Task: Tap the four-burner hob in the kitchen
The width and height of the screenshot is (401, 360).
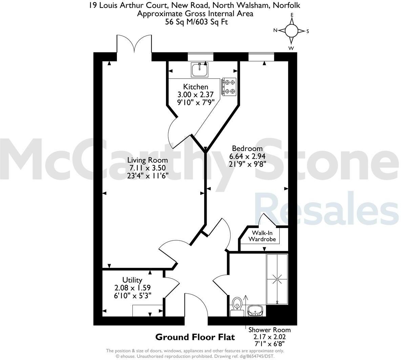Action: click(x=229, y=87)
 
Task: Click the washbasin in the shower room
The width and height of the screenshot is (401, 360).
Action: click(x=255, y=310)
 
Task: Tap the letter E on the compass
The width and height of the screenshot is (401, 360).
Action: click(x=292, y=15)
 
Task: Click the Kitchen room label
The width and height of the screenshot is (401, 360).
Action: click(x=195, y=87)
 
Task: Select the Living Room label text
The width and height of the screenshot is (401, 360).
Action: click(x=148, y=160)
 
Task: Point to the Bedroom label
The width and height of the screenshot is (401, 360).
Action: click(x=247, y=149)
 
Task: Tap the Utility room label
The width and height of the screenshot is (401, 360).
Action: click(x=132, y=280)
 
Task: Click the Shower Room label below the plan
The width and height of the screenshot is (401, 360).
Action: click(x=270, y=330)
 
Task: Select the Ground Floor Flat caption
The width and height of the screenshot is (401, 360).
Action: click(x=195, y=337)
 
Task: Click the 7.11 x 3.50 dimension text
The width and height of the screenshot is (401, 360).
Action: click(x=148, y=167)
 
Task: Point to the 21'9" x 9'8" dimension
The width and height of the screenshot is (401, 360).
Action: click(x=247, y=164)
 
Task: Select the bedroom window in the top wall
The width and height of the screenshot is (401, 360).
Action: click(x=261, y=56)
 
